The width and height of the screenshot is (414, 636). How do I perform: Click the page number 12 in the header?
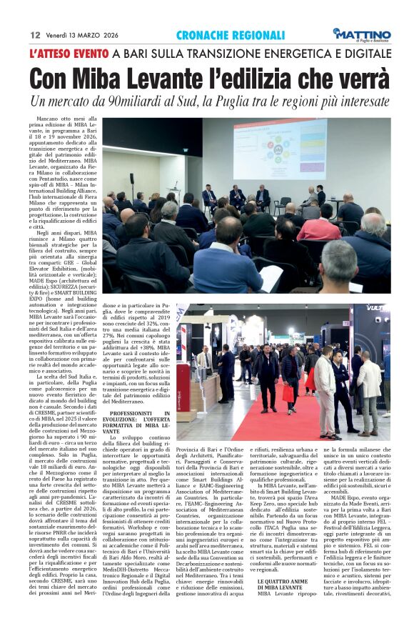[x=34, y=34]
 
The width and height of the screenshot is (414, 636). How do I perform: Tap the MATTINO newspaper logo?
[x=362, y=34]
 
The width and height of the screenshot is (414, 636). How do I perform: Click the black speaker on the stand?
[x=131, y=179]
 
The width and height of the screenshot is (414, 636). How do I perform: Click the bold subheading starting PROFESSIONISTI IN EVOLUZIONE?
[x=139, y=422]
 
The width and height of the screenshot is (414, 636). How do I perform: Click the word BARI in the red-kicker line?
[x=137, y=54]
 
